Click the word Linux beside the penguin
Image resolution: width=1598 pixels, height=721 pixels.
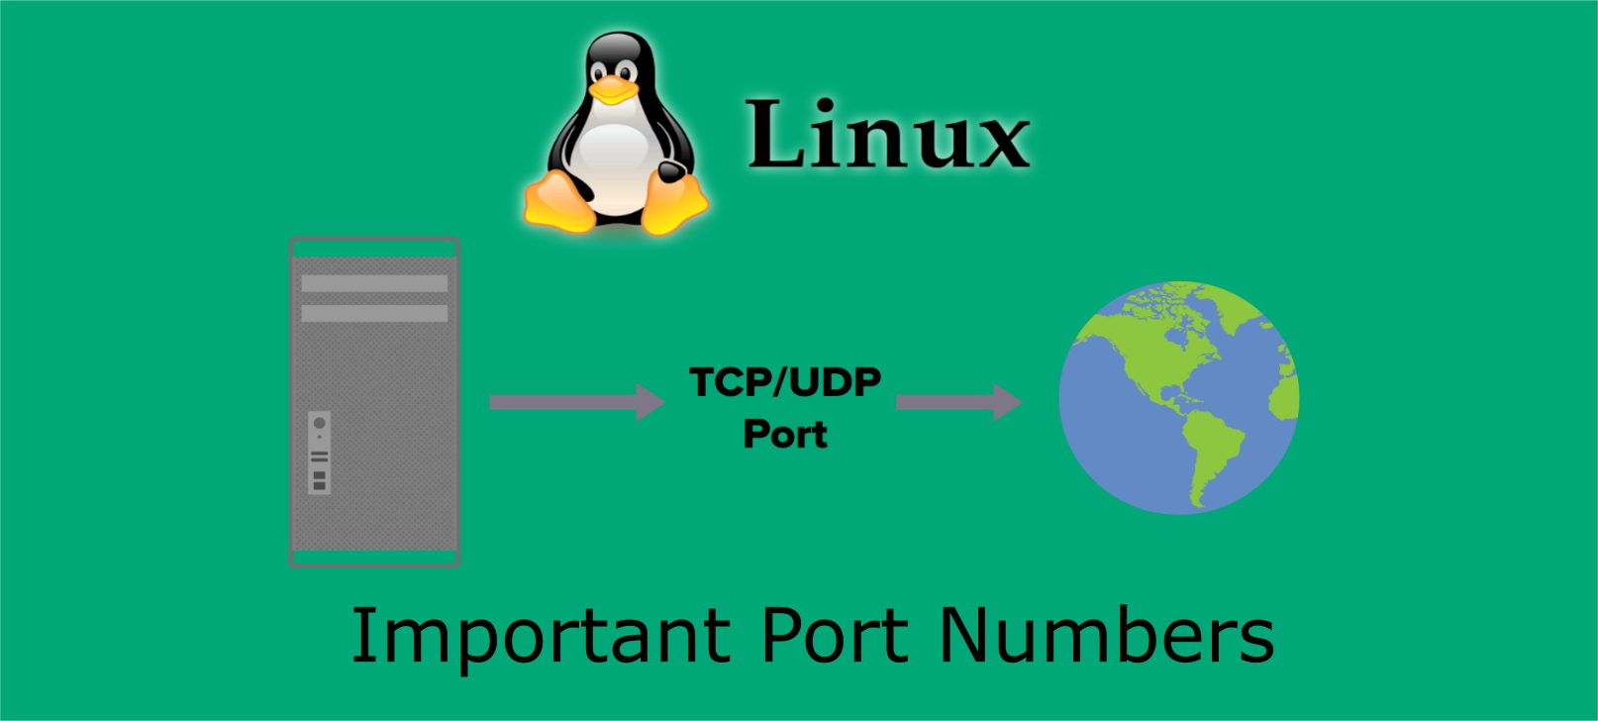(888, 135)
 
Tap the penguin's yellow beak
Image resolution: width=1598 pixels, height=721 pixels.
(614, 90)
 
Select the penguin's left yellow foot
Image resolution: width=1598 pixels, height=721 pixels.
(558, 202)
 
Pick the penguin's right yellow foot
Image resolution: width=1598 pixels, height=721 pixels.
(675, 202)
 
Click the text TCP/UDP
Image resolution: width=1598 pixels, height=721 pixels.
(785, 382)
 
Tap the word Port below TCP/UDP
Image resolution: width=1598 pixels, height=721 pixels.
(785, 434)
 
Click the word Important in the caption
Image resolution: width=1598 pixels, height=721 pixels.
(541, 636)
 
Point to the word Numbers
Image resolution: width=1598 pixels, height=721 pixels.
(1106, 636)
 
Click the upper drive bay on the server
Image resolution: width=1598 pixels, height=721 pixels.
(374, 283)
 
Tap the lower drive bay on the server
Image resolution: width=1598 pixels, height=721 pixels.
(374, 313)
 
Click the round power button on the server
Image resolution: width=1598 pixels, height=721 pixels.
(319, 424)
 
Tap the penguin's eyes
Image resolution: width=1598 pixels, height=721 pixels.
(614, 71)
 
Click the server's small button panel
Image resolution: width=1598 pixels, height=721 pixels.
(319, 453)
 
